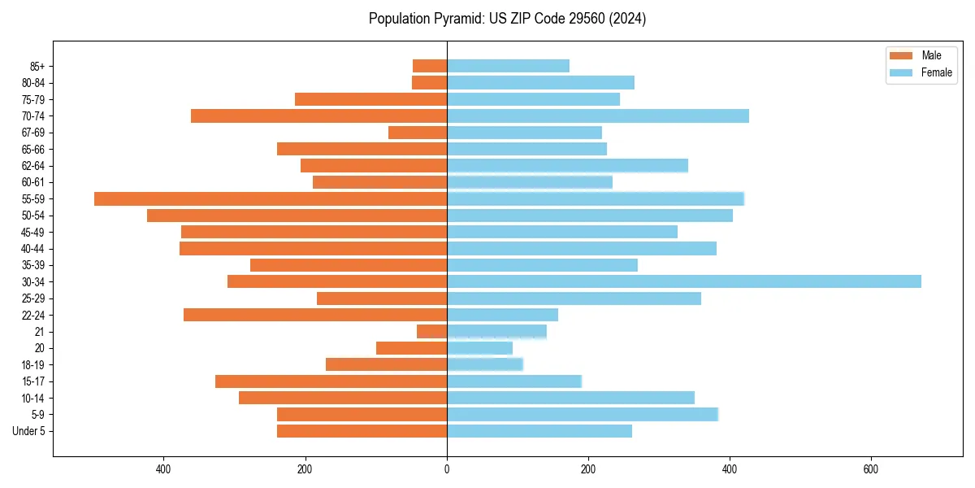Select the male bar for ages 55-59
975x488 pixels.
pyautogui.click(x=271, y=198)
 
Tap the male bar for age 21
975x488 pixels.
pyautogui.click(x=431, y=331)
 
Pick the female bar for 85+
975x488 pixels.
pyautogui.click(x=508, y=66)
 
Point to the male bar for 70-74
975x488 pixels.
pyautogui.click(x=318, y=115)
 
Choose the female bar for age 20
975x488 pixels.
pyautogui.click(x=479, y=348)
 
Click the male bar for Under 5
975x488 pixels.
pyautogui.click(x=362, y=431)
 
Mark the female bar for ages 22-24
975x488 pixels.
pyautogui.click(x=502, y=315)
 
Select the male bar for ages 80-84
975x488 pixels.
pyautogui.click(x=429, y=82)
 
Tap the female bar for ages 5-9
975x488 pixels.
pyautogui.click(x=582, y=414)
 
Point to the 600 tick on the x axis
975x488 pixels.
pyautogui.click(x=871, y=469)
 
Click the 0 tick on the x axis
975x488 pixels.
pyautogui.click(x=447, y=469)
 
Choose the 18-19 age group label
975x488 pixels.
pyautogui.click(x=32, y=364)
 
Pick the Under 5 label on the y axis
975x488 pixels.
pyautogui.click(x=28, y=431)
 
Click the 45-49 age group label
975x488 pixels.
pyautogui.click(x=32, y=232)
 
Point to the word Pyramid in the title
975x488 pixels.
pyautogui.click(x=455, y=19)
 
